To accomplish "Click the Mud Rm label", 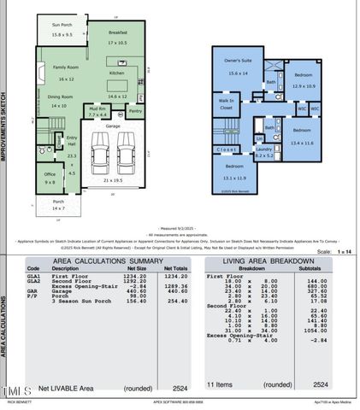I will (x=97, y=109).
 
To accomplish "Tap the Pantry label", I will (x=134, y=111).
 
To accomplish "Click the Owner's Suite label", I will (x=237, y=61).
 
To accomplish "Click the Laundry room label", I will (x=264, y=149).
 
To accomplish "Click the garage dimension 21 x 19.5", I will (x=113, y=181).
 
